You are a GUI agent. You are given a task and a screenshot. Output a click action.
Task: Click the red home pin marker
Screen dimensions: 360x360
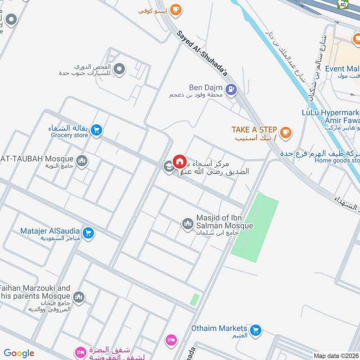tap(179, 161)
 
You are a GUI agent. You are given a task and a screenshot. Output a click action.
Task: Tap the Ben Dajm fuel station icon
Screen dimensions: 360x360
tap(231, 90)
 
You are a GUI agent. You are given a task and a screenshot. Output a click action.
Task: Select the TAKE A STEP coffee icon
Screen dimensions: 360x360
tap(285, 132)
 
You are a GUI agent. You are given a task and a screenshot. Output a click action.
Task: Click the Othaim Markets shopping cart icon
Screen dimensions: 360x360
tap(256, 331)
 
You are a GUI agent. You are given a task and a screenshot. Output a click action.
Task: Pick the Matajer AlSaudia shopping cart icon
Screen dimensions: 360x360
tap(88, 233)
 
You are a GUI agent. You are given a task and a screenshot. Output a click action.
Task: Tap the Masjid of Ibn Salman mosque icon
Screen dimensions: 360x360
tap(187, 223)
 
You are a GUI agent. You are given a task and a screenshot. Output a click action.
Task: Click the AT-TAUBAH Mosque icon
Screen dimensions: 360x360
tap(81, 161)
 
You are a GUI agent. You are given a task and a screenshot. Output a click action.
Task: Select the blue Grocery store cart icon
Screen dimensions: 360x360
tap(96, 130)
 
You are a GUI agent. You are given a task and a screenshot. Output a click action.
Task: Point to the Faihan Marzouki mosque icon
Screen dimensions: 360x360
tap(79, 297)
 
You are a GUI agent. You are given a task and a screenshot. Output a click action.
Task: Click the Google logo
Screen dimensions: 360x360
tap(19, 353)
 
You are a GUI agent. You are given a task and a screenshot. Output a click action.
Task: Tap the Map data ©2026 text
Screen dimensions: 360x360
tap(336, 355)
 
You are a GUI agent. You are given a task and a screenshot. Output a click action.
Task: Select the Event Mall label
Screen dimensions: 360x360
tap(342, 69)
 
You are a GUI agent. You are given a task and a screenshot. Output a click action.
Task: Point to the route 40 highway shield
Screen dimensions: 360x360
tap(343, 3)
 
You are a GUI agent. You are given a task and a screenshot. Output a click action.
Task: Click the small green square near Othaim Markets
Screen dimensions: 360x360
tap(194, 300)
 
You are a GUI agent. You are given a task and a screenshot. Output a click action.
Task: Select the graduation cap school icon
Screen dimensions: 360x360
tap(168, 167)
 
